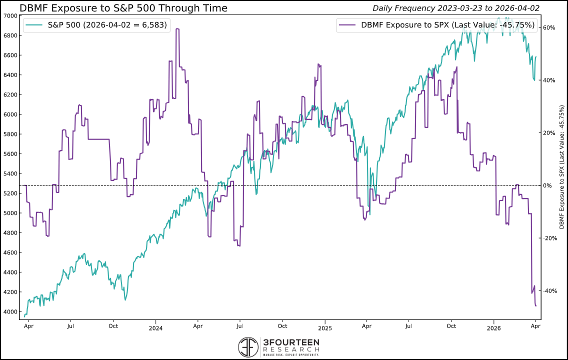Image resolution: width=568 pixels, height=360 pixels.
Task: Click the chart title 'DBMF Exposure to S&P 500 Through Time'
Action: coord(123,8)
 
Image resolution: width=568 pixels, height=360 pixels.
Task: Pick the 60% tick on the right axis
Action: coord(549,27)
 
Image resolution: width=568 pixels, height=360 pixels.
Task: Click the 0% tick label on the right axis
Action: coord(547,185)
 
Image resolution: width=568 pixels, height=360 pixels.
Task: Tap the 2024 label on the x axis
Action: coord(155,328)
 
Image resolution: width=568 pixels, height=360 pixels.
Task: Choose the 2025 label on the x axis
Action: coord(324,328)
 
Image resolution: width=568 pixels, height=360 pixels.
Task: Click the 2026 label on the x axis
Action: coord(493,328)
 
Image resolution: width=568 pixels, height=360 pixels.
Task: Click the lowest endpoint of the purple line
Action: coord(535,305)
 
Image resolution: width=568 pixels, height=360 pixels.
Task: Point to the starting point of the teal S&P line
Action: coord(24,316)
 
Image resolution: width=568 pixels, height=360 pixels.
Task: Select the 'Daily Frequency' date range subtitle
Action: coord(459,8)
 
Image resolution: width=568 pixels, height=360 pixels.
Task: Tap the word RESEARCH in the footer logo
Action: coord(290,349)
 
